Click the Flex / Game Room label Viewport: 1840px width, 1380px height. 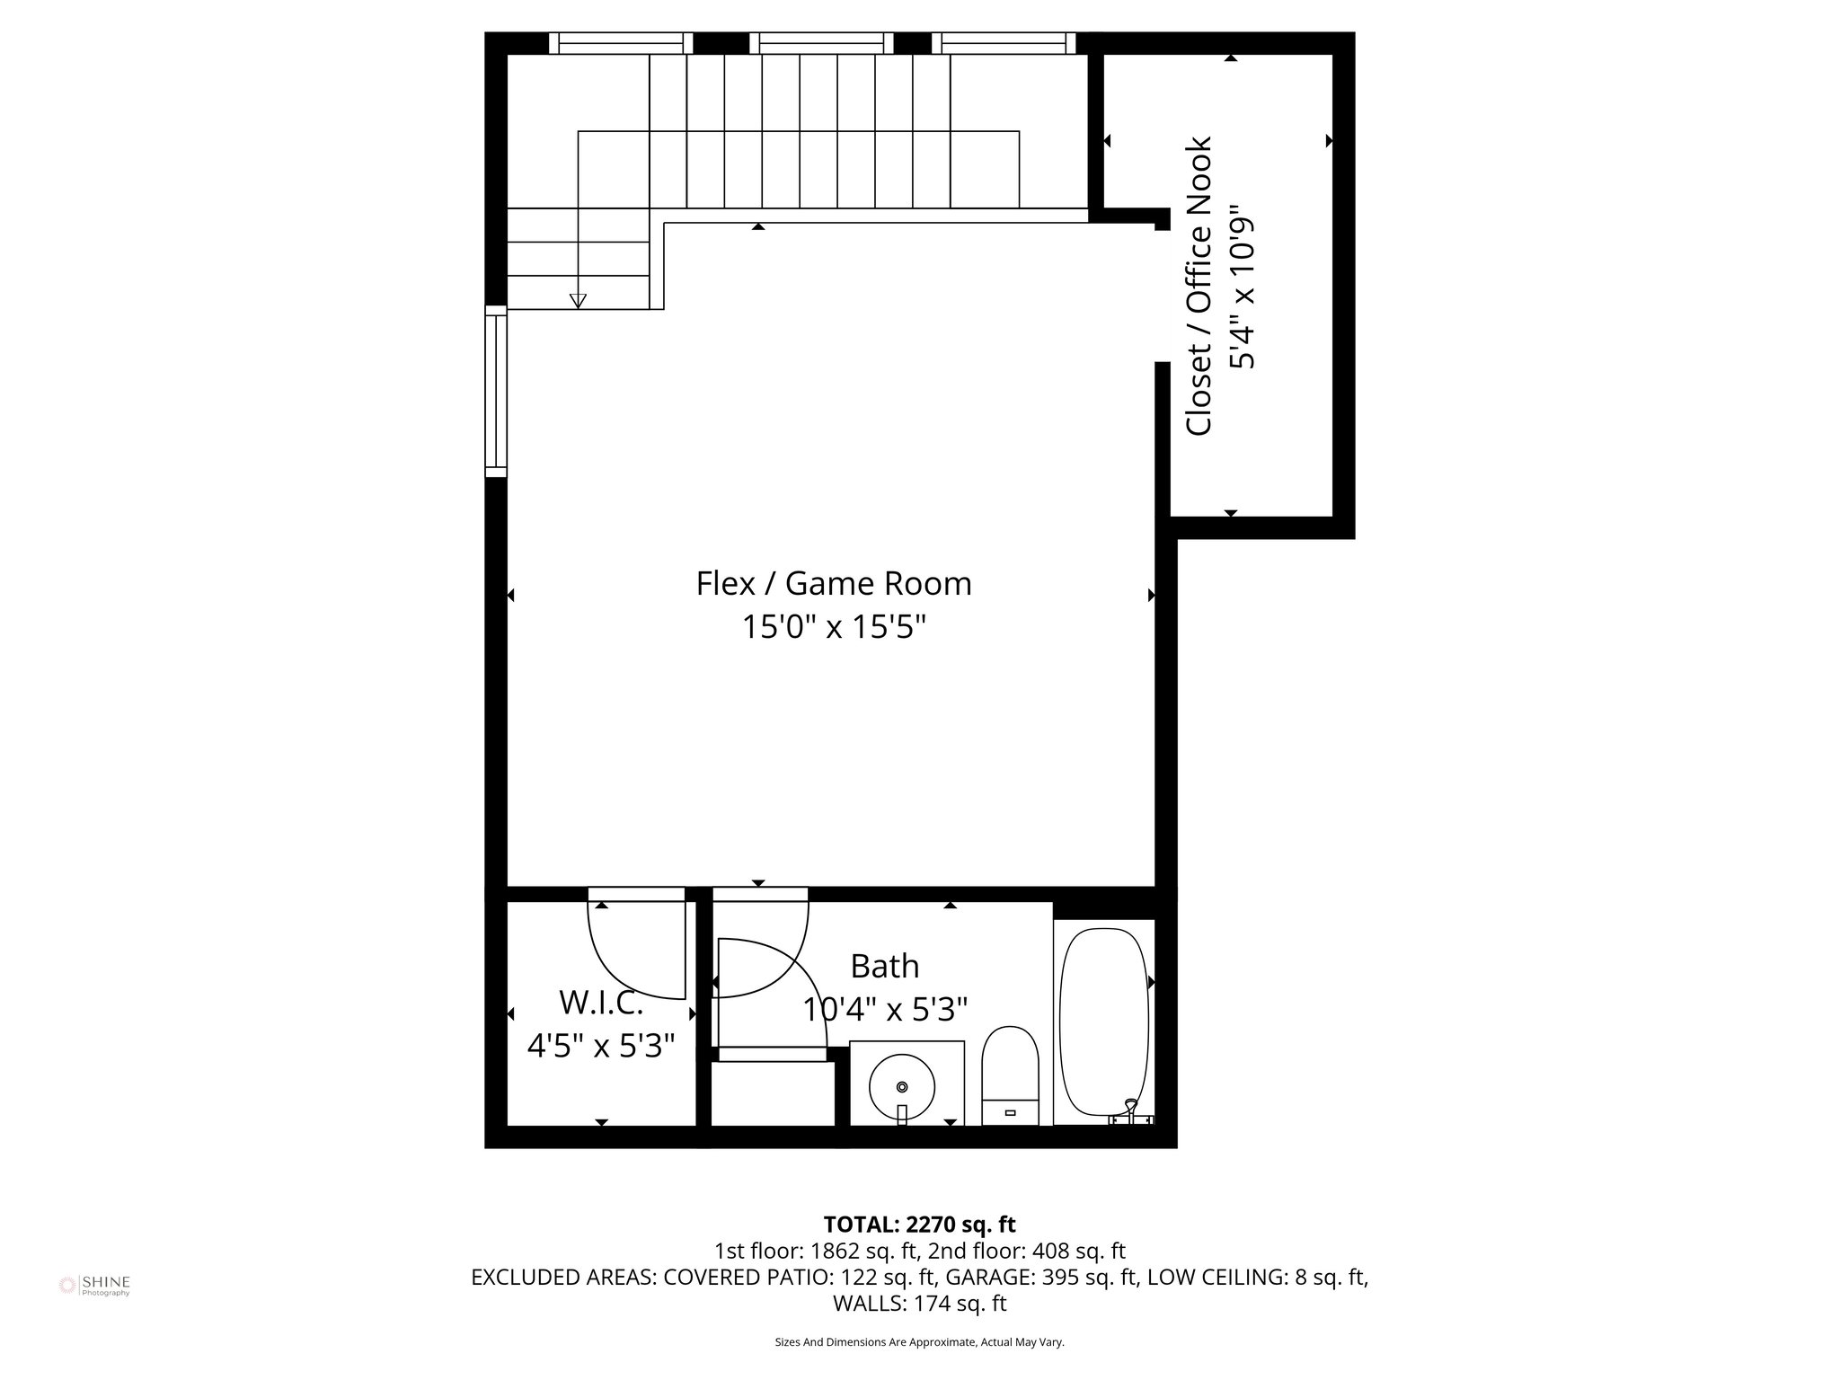coord(834,584)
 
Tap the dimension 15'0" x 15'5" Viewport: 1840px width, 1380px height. coord(834,627)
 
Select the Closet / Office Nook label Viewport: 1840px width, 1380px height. coord(1199,286)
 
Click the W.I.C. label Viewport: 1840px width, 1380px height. coord(600,1002)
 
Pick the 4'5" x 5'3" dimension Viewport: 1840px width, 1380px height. coord(600,1046)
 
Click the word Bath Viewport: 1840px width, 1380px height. coord(885,967)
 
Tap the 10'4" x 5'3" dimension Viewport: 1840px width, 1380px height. coord(885,1010)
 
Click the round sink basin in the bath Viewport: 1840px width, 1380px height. coord(901,1088)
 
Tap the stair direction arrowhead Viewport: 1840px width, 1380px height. coord(578,301)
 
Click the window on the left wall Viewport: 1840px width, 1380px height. coord(496,391)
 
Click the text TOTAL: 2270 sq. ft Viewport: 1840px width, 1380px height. coord(919,1225)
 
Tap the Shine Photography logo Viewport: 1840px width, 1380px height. coord(94,1285)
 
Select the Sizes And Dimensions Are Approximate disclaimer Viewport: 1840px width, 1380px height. coord(919,1342)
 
